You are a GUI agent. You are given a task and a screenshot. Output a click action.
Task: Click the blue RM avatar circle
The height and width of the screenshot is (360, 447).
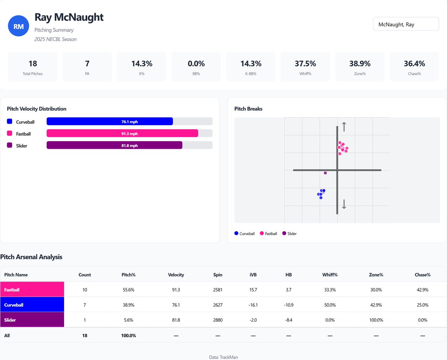[19, 26]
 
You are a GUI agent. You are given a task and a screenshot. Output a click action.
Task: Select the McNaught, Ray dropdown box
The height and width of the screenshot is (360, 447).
[406, 25]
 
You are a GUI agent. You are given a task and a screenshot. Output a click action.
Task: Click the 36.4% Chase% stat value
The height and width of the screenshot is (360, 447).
[414, 64]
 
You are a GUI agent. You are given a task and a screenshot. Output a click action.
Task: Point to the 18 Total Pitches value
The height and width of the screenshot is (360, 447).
[32, 64]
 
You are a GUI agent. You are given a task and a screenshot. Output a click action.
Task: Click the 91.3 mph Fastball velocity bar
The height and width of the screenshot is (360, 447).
[122, 134]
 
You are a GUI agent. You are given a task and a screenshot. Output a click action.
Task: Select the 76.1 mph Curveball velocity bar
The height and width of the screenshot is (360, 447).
[110, 122]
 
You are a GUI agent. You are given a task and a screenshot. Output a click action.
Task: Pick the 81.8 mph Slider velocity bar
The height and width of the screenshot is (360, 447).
[114, 146]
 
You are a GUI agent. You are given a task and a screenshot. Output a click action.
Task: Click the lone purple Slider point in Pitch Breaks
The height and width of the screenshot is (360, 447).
[325, 173]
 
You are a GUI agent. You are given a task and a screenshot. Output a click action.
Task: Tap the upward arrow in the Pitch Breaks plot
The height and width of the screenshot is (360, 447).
[344, 127]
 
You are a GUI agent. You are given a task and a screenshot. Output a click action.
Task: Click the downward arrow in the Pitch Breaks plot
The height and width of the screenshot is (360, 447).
[344, 204]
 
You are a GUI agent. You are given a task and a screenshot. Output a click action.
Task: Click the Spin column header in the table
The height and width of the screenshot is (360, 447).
[218, 275]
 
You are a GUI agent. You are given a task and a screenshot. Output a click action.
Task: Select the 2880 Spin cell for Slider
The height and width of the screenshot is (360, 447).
[218, 320]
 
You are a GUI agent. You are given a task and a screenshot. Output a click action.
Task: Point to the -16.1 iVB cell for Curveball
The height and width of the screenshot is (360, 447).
[253, 305]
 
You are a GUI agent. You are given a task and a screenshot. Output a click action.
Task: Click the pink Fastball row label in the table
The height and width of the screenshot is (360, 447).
[32, 290]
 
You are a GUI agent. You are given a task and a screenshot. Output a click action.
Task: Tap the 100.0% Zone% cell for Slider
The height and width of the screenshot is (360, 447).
[376, 320]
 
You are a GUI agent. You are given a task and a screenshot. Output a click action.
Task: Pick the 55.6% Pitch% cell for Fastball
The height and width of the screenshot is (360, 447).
[128, 290]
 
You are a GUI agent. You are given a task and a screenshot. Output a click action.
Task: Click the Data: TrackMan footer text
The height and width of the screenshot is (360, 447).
[223, 357]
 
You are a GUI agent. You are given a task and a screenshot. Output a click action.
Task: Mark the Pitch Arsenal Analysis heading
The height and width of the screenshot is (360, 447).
[31, 257]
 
